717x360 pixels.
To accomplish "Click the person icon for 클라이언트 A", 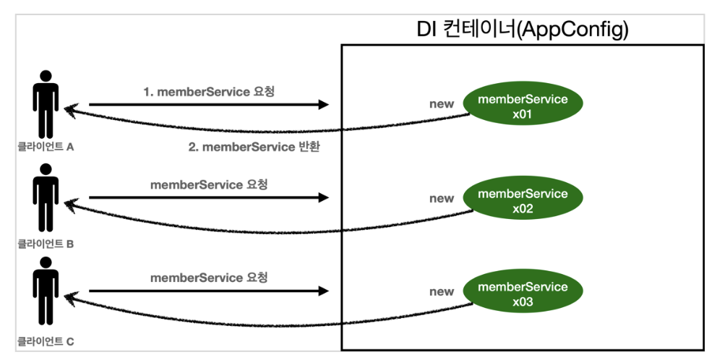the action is tap(46, 104).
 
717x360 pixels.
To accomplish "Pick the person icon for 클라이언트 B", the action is tap(46, 197).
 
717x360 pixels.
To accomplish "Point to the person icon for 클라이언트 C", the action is tap(46, 291).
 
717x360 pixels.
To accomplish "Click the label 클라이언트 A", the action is tap(46, 147).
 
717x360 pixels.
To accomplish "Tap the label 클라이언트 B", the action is tap(46, 244).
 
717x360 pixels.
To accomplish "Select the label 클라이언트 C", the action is tap(46, 341).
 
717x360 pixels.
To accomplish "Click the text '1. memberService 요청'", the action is tap(209, 92).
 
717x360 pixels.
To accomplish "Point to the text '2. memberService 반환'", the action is tap(254, 147).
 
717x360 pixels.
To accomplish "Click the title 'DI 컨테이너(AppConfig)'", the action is tap(522, 29).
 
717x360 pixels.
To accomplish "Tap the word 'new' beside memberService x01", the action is tap(442, 104).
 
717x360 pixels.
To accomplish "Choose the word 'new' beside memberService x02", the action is tap(442, 199).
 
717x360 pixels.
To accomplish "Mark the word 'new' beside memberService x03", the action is tap(442, 291).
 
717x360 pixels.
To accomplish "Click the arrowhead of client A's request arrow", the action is tap(323, 105).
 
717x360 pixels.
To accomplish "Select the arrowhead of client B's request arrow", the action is tap(323, 197).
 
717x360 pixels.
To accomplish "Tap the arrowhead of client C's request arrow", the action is tap(323, 291).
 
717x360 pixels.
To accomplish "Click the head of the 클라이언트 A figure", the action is tap(46, 76).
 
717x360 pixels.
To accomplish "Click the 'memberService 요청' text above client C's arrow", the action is tap(209, 278).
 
